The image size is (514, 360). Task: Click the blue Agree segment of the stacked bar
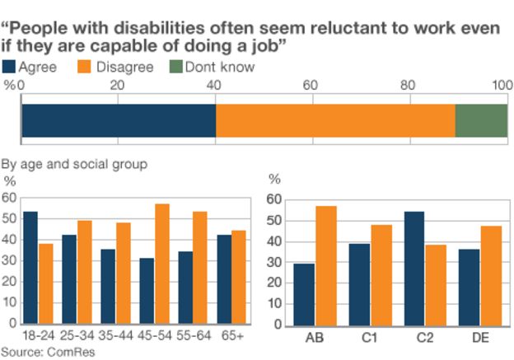[119, 120]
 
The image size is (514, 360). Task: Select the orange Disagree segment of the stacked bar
[335, 120]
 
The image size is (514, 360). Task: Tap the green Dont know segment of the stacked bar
[481, 120]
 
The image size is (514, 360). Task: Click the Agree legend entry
[31, 67]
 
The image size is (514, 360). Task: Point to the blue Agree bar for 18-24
[30, 268]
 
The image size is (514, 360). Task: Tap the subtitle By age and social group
[75, 164]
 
